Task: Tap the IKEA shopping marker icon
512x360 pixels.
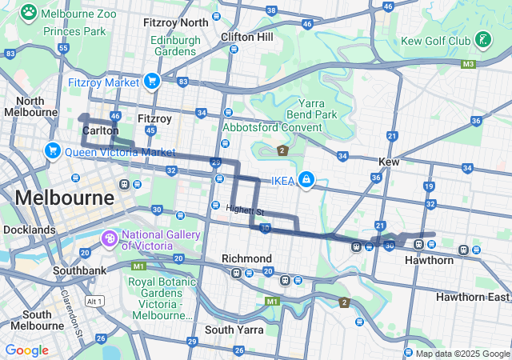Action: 306,179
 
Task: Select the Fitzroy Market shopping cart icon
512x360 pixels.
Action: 152,81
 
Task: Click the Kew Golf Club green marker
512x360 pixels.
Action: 483,39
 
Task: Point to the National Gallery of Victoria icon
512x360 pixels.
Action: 110,238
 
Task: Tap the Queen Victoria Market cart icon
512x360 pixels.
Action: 53,150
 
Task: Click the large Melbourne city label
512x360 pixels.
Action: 63,197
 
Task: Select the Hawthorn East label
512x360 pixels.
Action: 472,297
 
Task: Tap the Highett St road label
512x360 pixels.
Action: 244,210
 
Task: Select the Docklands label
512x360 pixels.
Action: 28,230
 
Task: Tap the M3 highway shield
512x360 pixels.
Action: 468,64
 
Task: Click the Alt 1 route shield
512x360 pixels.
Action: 94,301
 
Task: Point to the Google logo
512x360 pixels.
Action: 26,350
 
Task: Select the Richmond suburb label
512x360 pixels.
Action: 246,258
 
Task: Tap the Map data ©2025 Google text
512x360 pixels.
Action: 462,354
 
